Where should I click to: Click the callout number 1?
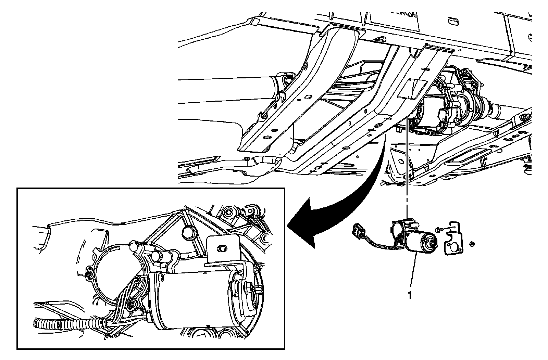(x=409, y=295)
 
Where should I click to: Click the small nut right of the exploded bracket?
(x=472, y=244)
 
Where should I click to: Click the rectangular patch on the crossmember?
(x=412, y=88)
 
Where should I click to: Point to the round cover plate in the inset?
(x=113, y=270)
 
